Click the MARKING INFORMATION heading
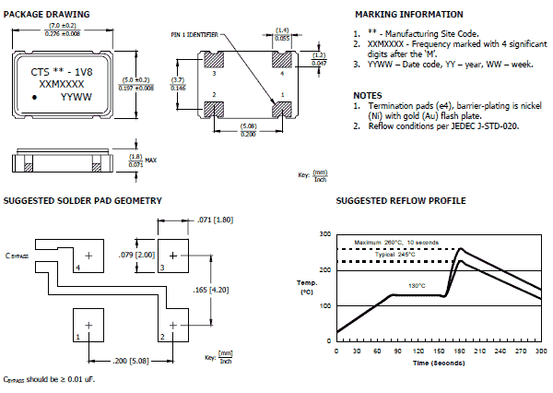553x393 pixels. pos(408,15)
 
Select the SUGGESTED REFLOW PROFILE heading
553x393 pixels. pos(401,200)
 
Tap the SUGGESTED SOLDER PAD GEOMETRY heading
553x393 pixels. pos(83,200)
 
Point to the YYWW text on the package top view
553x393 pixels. pos(76,95)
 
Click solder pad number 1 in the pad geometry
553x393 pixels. pos(89,325)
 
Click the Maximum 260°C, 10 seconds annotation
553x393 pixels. pos(399,242)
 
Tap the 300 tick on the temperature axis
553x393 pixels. pos(325,234)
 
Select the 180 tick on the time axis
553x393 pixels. pos(460,351)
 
